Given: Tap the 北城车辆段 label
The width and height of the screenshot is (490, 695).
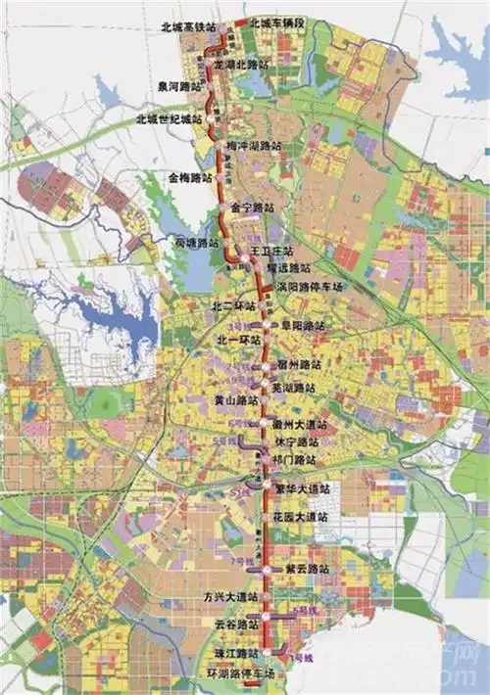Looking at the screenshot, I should coord(278,22).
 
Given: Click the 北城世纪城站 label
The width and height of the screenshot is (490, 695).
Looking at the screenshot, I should coord(170,118).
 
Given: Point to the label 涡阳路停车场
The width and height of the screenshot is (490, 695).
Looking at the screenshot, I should coord(313,287).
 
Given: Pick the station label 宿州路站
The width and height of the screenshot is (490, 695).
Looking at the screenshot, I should coord(298,363).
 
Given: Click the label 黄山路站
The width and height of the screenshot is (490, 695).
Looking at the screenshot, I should coord(235,401).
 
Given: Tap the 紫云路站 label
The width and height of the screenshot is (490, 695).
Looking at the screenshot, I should coord(303,568).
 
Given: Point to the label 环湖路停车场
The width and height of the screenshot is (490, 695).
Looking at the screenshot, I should coord(231,674).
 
